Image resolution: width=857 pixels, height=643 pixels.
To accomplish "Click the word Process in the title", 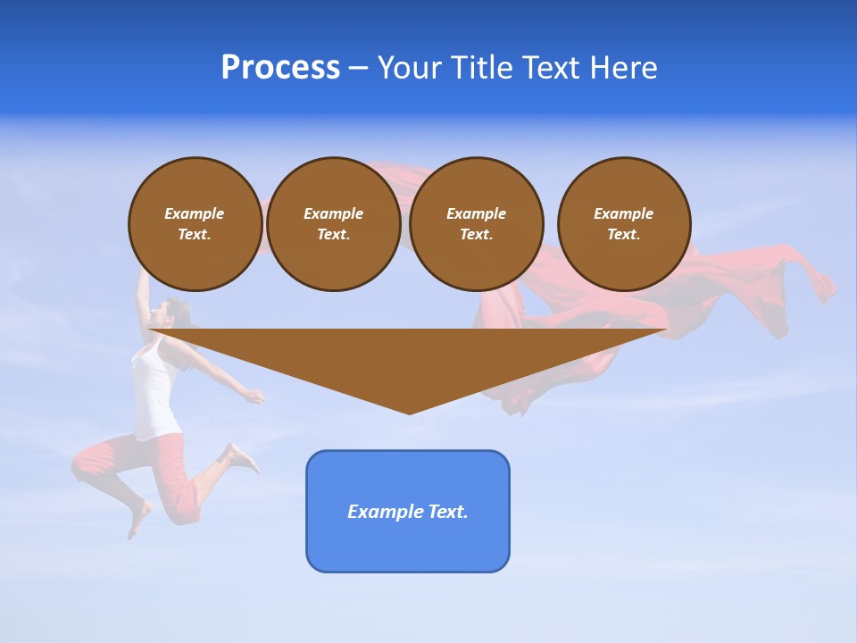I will (280, 68).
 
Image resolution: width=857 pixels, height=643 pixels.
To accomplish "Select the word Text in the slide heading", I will (553, 68).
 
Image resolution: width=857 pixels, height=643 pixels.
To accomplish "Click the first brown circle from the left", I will (195, 224).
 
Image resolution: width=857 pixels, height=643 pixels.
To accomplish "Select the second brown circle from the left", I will (333, 224).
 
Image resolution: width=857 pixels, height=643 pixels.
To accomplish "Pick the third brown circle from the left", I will (476, 224).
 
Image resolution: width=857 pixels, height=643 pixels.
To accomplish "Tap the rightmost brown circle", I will (624, 224).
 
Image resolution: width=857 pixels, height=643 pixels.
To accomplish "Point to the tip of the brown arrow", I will (410, 412).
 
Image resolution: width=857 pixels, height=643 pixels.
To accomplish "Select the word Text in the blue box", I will (448, 512).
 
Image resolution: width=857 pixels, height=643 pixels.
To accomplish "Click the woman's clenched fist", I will (256, 395).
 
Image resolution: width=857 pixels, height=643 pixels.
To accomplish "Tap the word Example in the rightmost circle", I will (623, 213).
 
